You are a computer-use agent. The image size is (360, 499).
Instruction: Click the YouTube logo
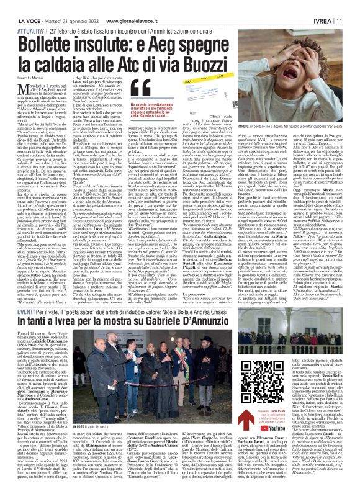click(313, 427)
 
